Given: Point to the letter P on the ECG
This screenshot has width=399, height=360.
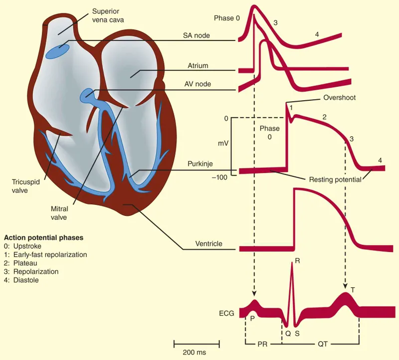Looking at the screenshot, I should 252,319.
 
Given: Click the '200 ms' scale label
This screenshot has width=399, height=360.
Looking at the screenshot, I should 196,352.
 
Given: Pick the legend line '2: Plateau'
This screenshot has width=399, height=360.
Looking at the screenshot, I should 23,263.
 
